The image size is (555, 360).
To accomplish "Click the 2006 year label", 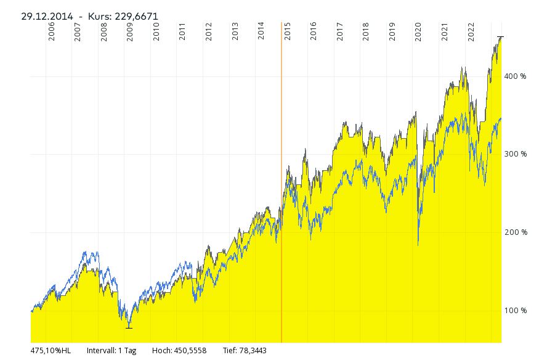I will [x=51, y=32].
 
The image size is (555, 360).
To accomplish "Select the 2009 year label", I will [x=130, y=32].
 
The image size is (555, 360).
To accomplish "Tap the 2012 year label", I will [x=209, y=32].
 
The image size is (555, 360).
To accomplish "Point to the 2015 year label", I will [x=288, y=32].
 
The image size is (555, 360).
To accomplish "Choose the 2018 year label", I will [x=366, y=32].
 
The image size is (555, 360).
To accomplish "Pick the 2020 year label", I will [x=418, y=32].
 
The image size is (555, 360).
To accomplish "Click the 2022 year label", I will [x=471, y=32].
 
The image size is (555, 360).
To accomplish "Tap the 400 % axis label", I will [x=516, y=76].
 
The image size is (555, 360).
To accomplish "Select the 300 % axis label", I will [x=516, y=154].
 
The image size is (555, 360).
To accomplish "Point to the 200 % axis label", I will [x=516, y=232].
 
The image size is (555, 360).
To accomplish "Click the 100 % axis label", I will [x=516, y=310].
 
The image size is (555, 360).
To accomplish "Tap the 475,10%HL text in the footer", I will [x=51, y=351].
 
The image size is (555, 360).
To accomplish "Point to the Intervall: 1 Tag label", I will [x=111, y=351].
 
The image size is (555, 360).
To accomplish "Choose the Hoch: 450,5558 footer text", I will [x=179, y=351].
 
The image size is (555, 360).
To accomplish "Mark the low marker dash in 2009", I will [x=129, y=328].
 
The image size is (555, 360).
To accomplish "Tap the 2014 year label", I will [x=261, y=32].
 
